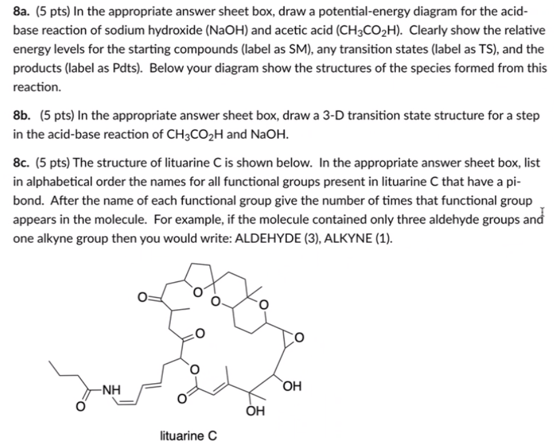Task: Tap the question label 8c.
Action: click(22, 162)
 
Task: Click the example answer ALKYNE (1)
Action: click(358, 237)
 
